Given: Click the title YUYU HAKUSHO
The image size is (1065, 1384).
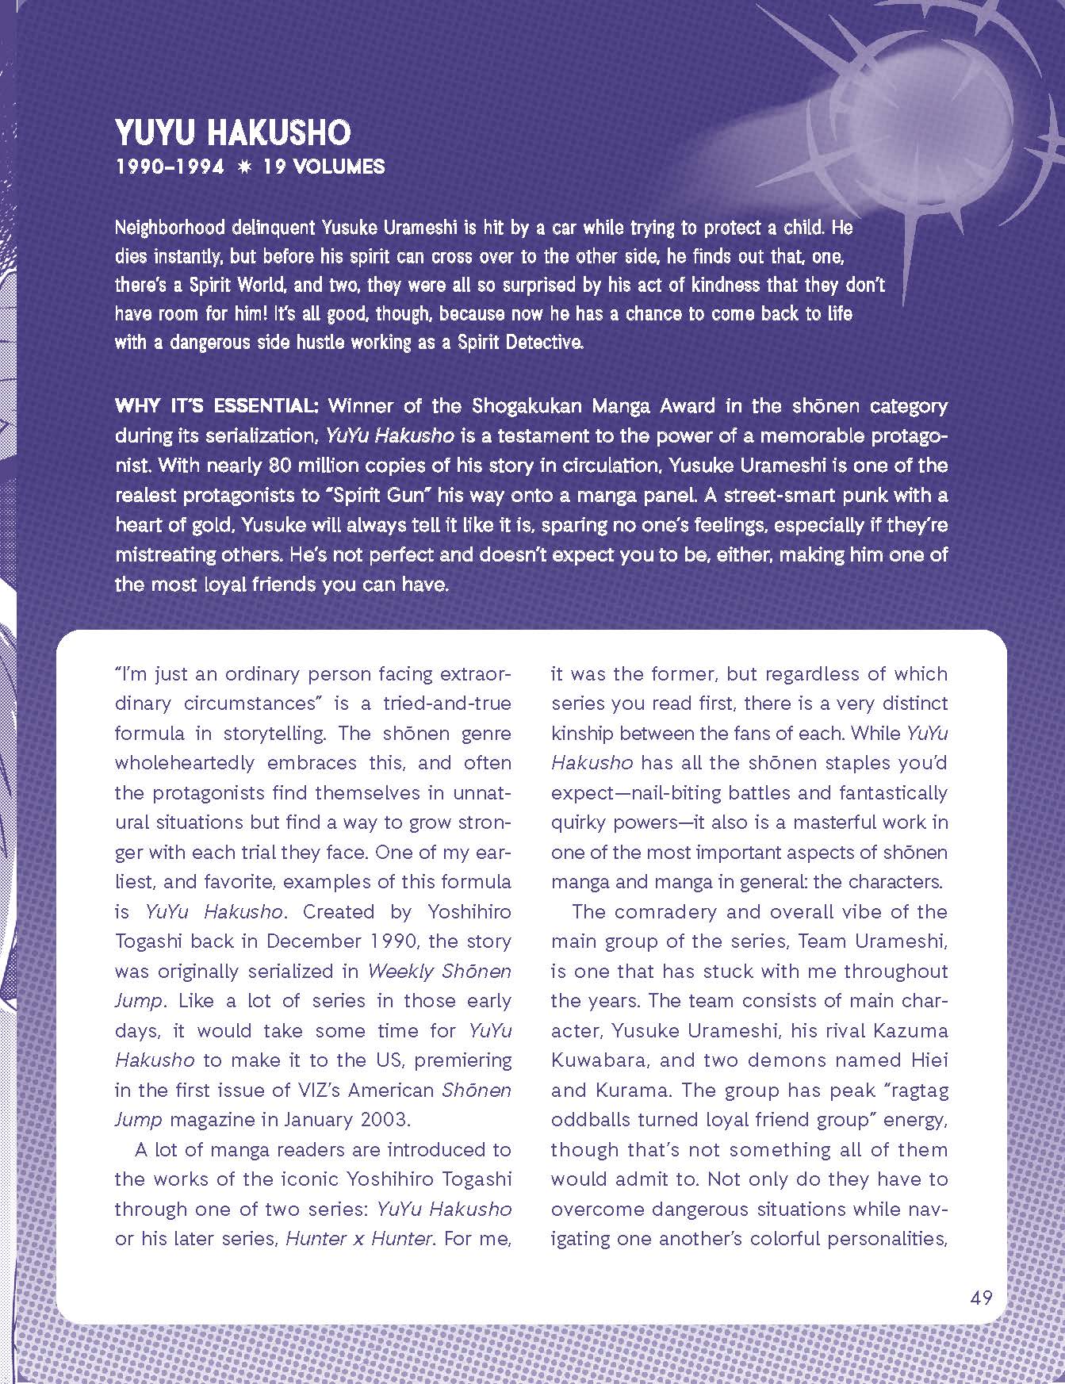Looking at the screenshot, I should (x=232, y=132).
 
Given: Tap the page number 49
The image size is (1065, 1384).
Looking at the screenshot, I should (x=981, y=1298).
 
